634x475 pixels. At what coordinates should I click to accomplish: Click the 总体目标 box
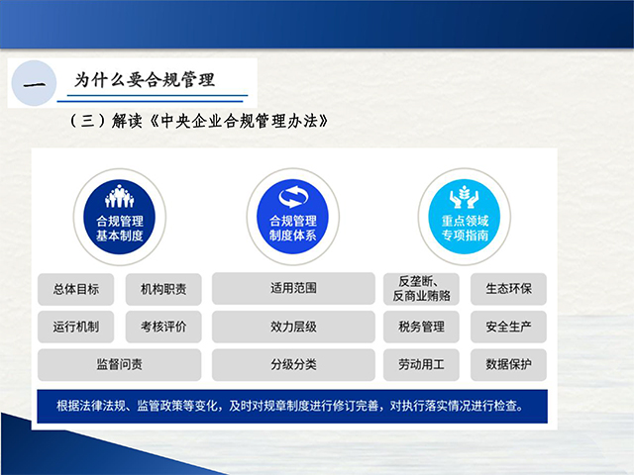pyautogui.click(x=76, y=289)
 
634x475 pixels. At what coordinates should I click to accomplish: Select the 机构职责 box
pyautogui.click(x=163, y=289)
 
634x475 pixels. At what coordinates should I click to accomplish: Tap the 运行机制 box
pyautogui.click(x=76, y=327)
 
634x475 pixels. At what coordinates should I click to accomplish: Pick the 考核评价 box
pyautogui.click(x=163, y=327)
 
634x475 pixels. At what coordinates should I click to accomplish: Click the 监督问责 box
pyautogui.click(x=120, y=365)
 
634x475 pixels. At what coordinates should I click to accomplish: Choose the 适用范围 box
pyautogui.click(x=293, y=288)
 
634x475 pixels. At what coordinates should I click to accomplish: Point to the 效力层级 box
pyautogui.click(x=293, y=327)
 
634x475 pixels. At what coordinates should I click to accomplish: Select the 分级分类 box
pyautogui.click(x=293, y=365)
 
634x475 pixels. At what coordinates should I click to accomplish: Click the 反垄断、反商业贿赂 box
pyautogui.click(x=421, y=289)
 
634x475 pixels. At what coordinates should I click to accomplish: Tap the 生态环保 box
pyautogui.click(x=508, y=289)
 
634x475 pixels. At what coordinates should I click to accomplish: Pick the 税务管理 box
pyautogui.click(x=421, y=327)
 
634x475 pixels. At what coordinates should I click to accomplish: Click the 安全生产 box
pyautogui.click(x=508, y=327)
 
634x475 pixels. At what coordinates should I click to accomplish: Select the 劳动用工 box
pyautogui.click(x=421, y=365)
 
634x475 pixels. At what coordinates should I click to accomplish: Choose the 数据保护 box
pyautogui.click(x=508, y=365)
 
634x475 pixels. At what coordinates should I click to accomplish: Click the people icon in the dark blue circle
pyautogui.click(x=119, y=196)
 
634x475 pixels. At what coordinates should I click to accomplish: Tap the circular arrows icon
pyautogui.click(x=293, y=197)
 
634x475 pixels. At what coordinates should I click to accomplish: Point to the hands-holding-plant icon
pyautogui.click(x=465, y=197)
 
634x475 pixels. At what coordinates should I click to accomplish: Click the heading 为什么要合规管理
pyautogui.click(x=145, y=80)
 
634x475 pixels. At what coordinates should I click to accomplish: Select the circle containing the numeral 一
pyautogui.click(x=34, y=83)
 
